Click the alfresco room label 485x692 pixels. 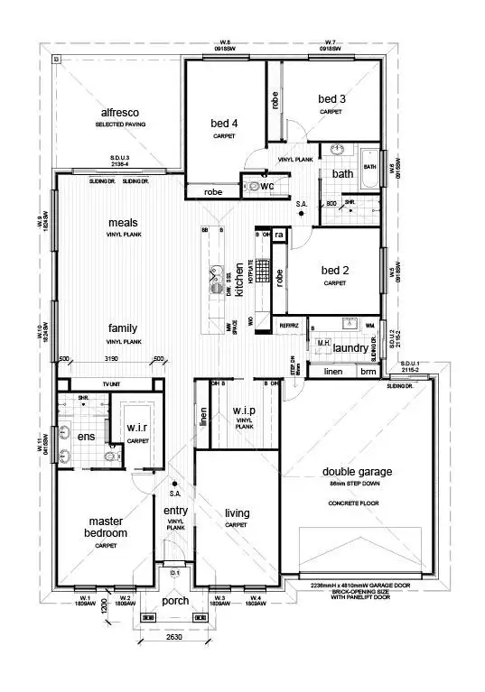point(117,113)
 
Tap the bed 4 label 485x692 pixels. point(225,125)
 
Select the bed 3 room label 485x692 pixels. point(331,98)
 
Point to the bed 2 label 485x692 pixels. point(334,271)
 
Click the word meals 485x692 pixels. point(124,222)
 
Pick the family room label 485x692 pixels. point(124,329)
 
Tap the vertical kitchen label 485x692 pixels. point(240,279)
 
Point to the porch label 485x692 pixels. point(175,600)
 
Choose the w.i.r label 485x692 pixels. point(137,428)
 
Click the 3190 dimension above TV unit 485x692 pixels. point(111,360)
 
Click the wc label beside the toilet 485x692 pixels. point(266,185)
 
